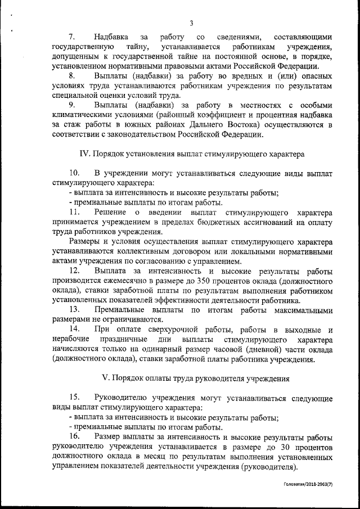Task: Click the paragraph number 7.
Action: (x=71, y=37)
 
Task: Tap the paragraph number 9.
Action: (x=71, y=105)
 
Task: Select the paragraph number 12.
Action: (x=74, y=271)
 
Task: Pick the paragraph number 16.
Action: (x=74, y=436)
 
